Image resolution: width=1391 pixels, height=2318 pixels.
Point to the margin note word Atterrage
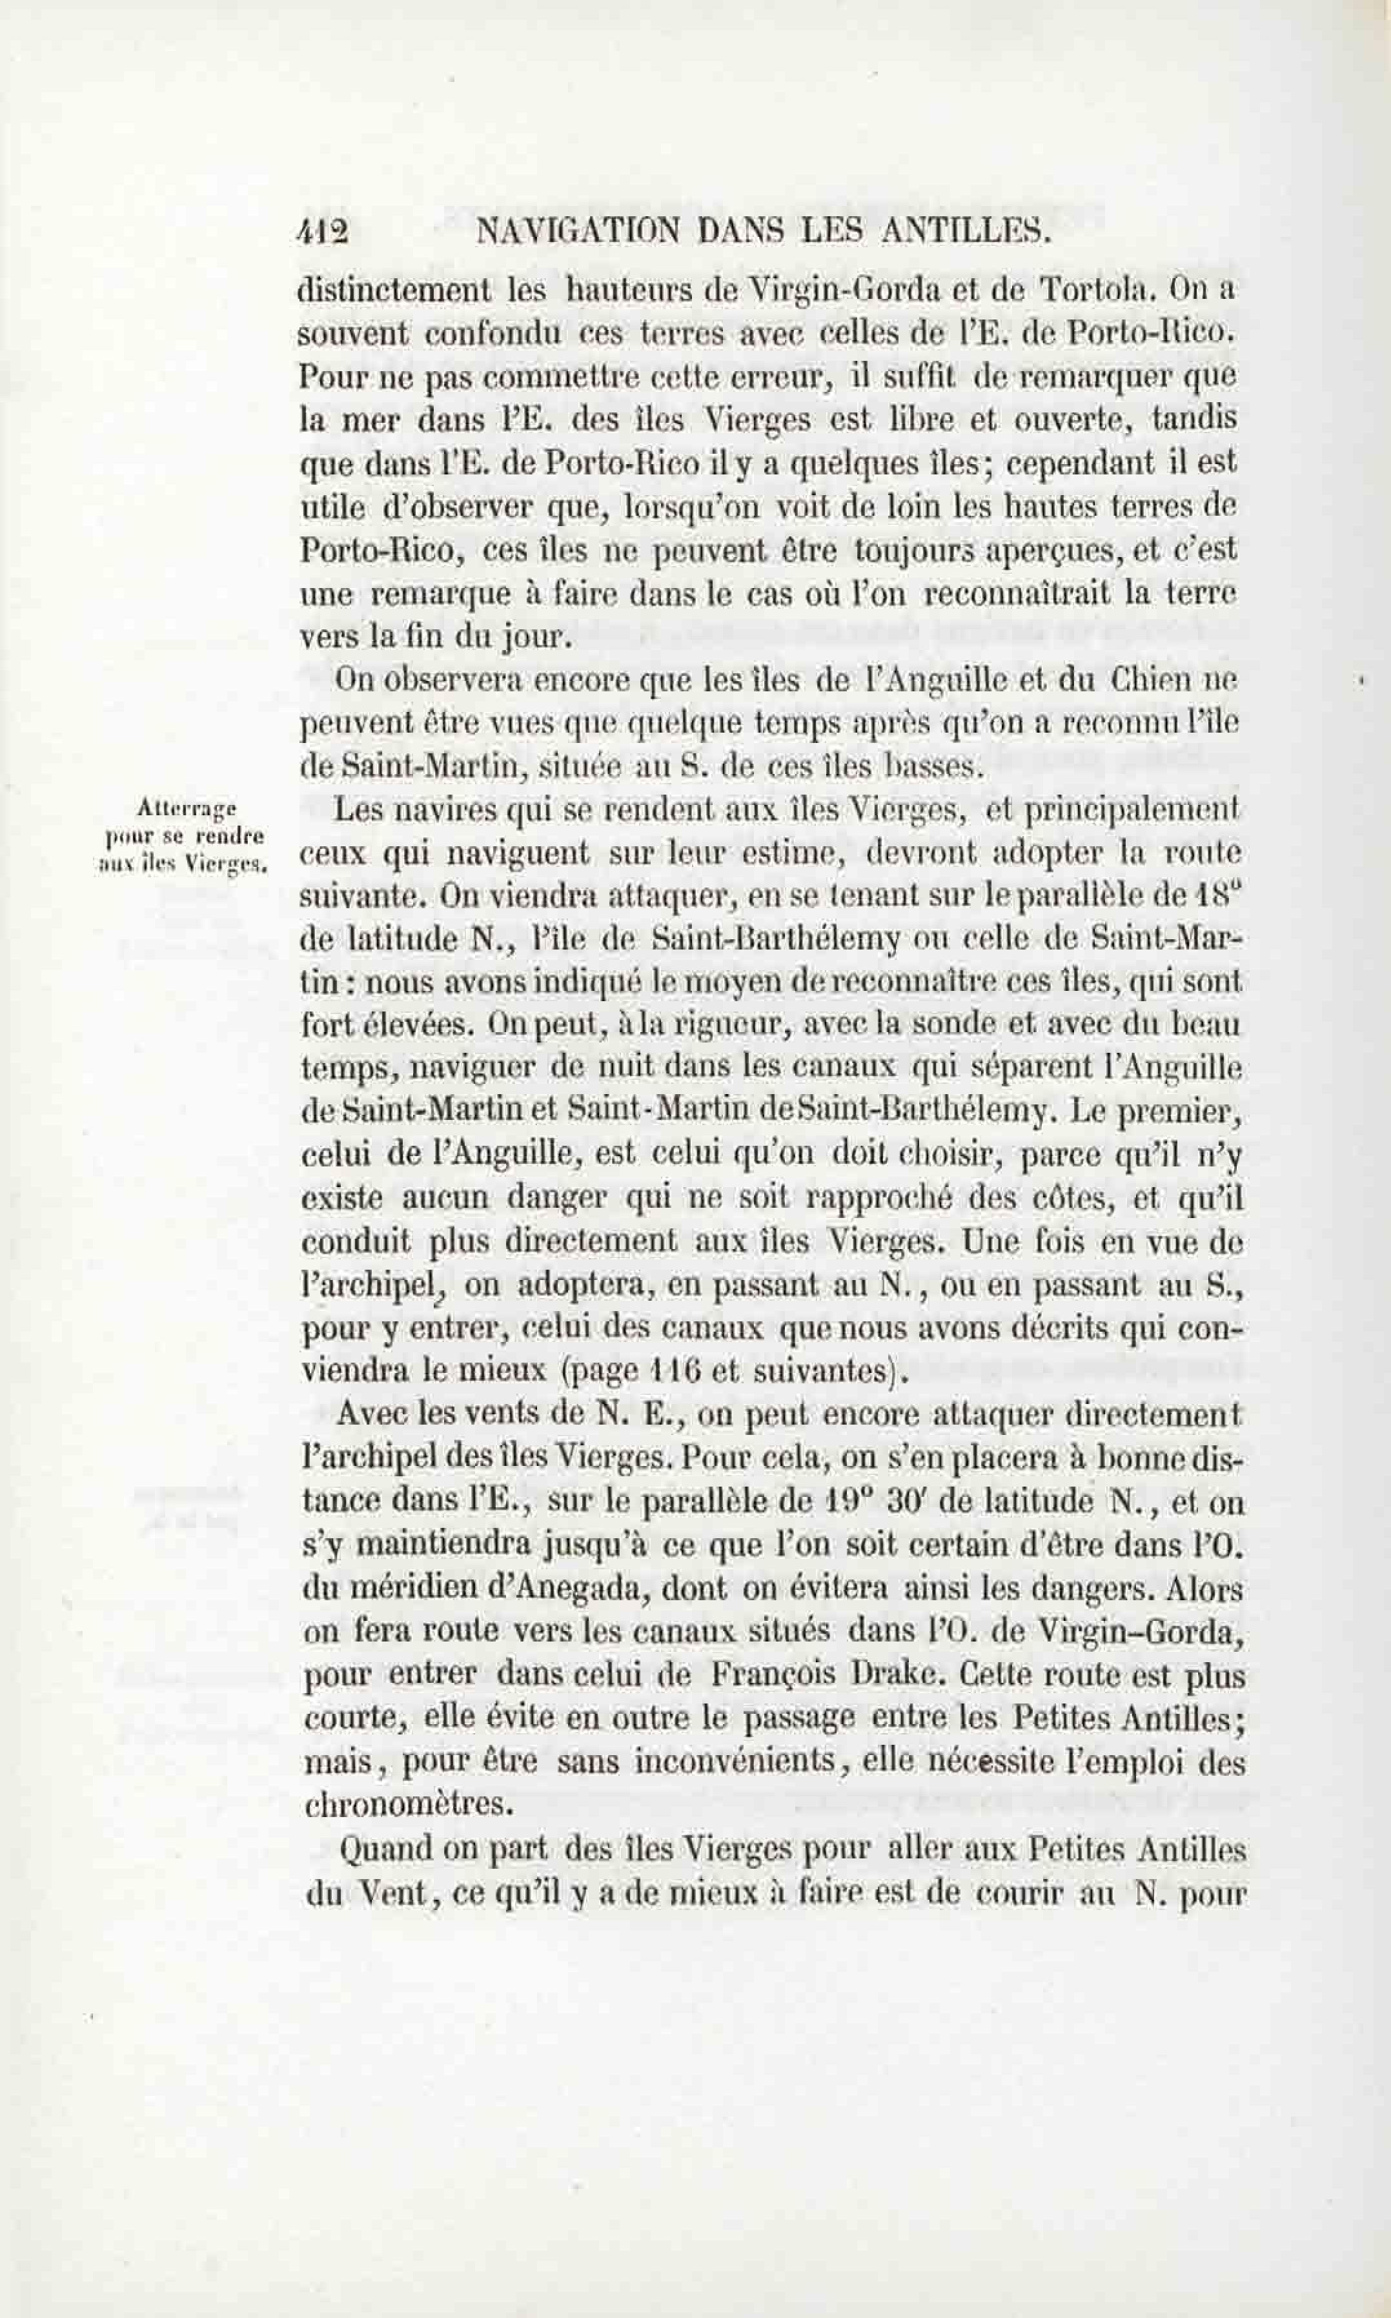point(186,807)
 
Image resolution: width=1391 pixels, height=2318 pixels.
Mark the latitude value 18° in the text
point(1219,895)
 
